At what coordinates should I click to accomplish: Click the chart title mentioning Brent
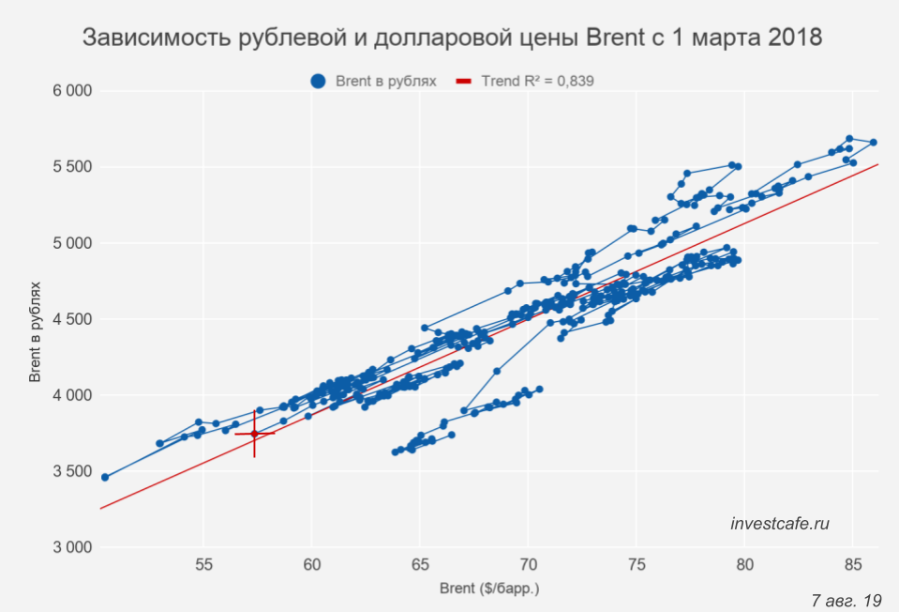click(453, 38)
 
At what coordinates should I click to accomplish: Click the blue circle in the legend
click(318, 82)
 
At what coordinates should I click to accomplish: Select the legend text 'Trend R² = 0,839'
click(537, 82)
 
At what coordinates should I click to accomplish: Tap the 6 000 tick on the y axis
click(71, 91)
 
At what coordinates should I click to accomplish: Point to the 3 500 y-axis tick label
click(71, 471)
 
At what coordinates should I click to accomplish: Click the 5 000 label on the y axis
click(71, 243)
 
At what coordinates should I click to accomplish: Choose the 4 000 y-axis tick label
click(71, 395)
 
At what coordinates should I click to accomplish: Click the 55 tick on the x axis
click(203, 565)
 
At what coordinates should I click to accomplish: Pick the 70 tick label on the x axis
click(528, 565)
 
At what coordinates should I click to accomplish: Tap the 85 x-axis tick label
click(852, 565)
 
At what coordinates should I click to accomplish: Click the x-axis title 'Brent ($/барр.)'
click(490, 589)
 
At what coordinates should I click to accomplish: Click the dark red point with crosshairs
click(254, 434)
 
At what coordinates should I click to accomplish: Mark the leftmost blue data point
click(105, 477)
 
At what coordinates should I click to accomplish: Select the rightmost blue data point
click(873, 143)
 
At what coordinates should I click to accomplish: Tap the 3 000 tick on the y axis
click(71, 547)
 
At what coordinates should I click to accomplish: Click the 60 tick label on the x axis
click(311, 565)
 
